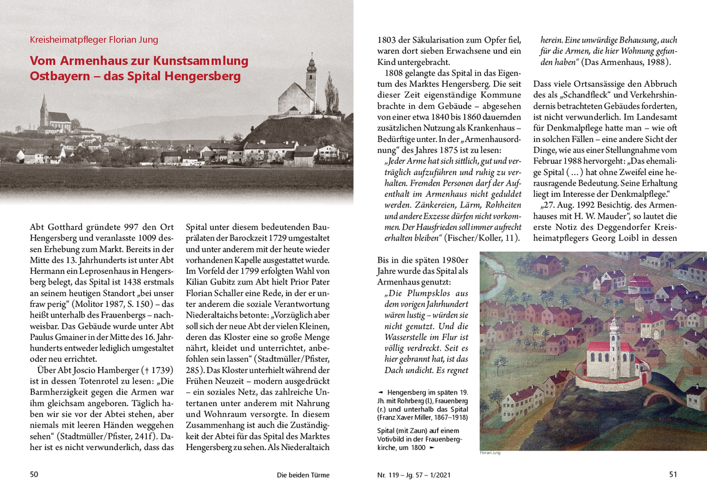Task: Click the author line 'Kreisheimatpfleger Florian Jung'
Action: pos(94,40)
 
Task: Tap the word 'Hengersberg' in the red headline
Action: pos(207,76)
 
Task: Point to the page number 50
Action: pos(34,474)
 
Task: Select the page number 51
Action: pos(673,474)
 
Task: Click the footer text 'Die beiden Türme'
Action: pos(303,475)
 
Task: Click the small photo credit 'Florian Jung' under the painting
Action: pos(490,453)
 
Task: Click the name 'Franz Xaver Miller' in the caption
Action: pos(409,417)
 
